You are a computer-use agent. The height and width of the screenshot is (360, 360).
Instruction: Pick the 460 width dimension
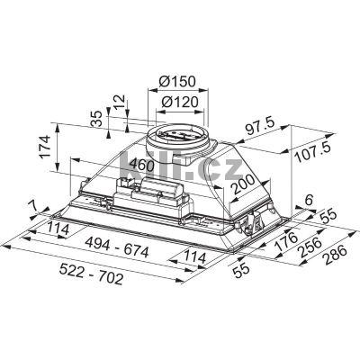pyautogui.click(x=140, y=164)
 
